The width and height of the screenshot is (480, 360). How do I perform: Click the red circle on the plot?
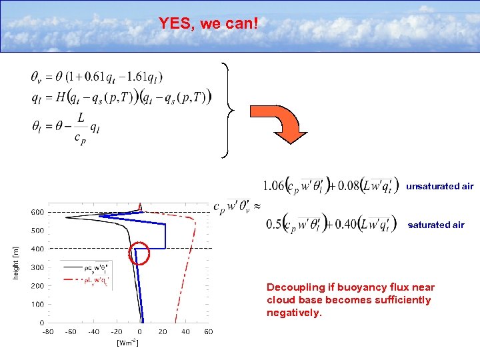pyautogui.click(x=138, y=253)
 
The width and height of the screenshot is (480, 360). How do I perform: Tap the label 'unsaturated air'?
pyautogui.click(x=439, y=187)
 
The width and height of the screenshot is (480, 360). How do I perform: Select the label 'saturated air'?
pyautogui.click(x=435, y=225)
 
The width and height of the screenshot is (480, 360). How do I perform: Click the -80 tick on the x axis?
pyautogui.click(x=48, y=331)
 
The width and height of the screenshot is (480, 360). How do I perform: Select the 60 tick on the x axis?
pyautogui.click(x=208, y=331)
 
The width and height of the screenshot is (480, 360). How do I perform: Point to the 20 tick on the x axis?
pyautogui.click(x=163, y=331)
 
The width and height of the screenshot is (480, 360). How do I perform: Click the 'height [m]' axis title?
pyautogui.click(x=15, y=263)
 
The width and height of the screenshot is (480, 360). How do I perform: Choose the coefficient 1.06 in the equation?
pyautogui.click(x=274, y=185)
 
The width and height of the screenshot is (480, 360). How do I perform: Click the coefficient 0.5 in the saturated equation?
pyautogui.click(x=273, y=224)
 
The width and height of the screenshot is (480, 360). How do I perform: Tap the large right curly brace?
pyautogui.click(x=229, y=110)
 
